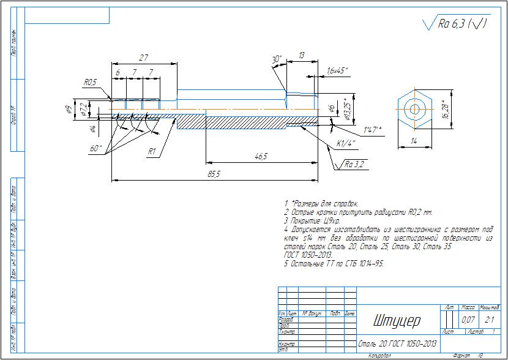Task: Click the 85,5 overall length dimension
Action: [x=214, y=174]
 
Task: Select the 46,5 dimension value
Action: [x=261, y=157]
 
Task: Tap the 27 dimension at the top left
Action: [x=144, y=58]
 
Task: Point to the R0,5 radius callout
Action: [x=91, y=82]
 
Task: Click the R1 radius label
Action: [x=152, y=151]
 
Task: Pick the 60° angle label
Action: [x=96, y=148]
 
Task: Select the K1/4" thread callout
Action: [x=346, y=144]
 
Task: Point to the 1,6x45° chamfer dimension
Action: [x=337, y=70]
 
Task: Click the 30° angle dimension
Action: [x=277, y=59]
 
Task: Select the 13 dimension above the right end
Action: [x=302, y=56]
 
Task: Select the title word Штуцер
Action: [x=397, y=321]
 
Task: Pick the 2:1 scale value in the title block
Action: [x=490, y=320]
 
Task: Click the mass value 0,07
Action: [x=468, y=320]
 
